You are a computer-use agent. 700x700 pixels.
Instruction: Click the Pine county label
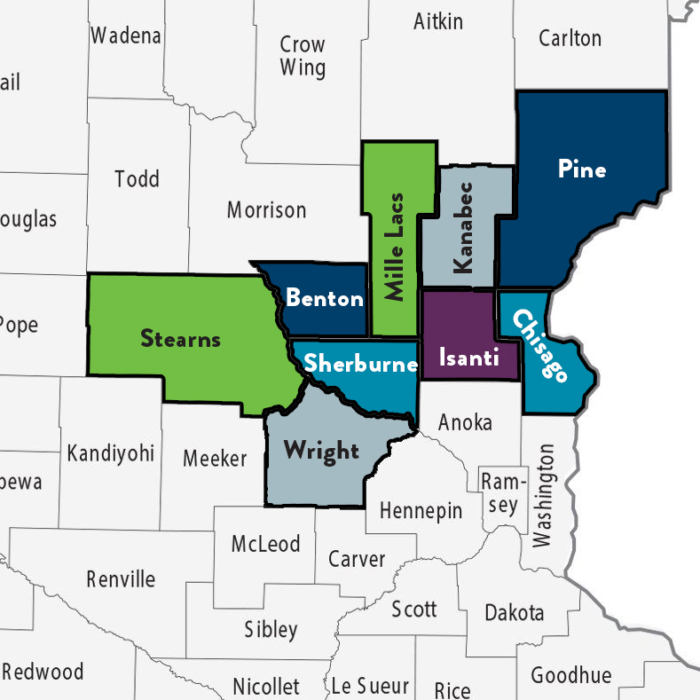pyautogui.click(x=582, y=169)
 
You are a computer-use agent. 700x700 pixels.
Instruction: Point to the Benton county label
pyautogui.click(x=324, y=298)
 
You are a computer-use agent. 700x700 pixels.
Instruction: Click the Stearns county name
pyautogui.click(x=180, y=338)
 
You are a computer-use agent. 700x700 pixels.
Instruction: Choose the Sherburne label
pyautogui.click(x=360, y=364)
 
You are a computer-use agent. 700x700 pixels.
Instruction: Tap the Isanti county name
pyautogui.click(x=470, y=358)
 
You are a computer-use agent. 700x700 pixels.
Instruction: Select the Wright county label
pyautogui.click(x=321, y=451)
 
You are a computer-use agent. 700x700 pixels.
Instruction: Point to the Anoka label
pyautogui.click(x=465, y=422)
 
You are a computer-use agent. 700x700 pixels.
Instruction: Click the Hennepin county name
pyautogui.click(x=421, y=511)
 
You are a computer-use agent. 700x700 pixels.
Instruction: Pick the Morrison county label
pyautogui.click(x=266, y=210)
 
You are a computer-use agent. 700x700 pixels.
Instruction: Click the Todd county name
pyautogui.click(x=137, y=179)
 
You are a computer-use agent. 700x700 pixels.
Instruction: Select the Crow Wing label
pyautogui.click(x=303, y=56)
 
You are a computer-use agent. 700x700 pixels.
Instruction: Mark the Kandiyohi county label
pyautogui.click(x=110, y=454)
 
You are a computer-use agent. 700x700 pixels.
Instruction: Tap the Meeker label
pyautogui.click(x=215, y=459)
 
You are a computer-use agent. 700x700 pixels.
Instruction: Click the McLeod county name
pyautogui.click(x=265, y=544)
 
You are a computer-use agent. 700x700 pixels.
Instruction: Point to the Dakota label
pyautogui.click(x=514, y=613)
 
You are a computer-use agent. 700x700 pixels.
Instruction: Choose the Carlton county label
pyautogui.click(x=570, y=38)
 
